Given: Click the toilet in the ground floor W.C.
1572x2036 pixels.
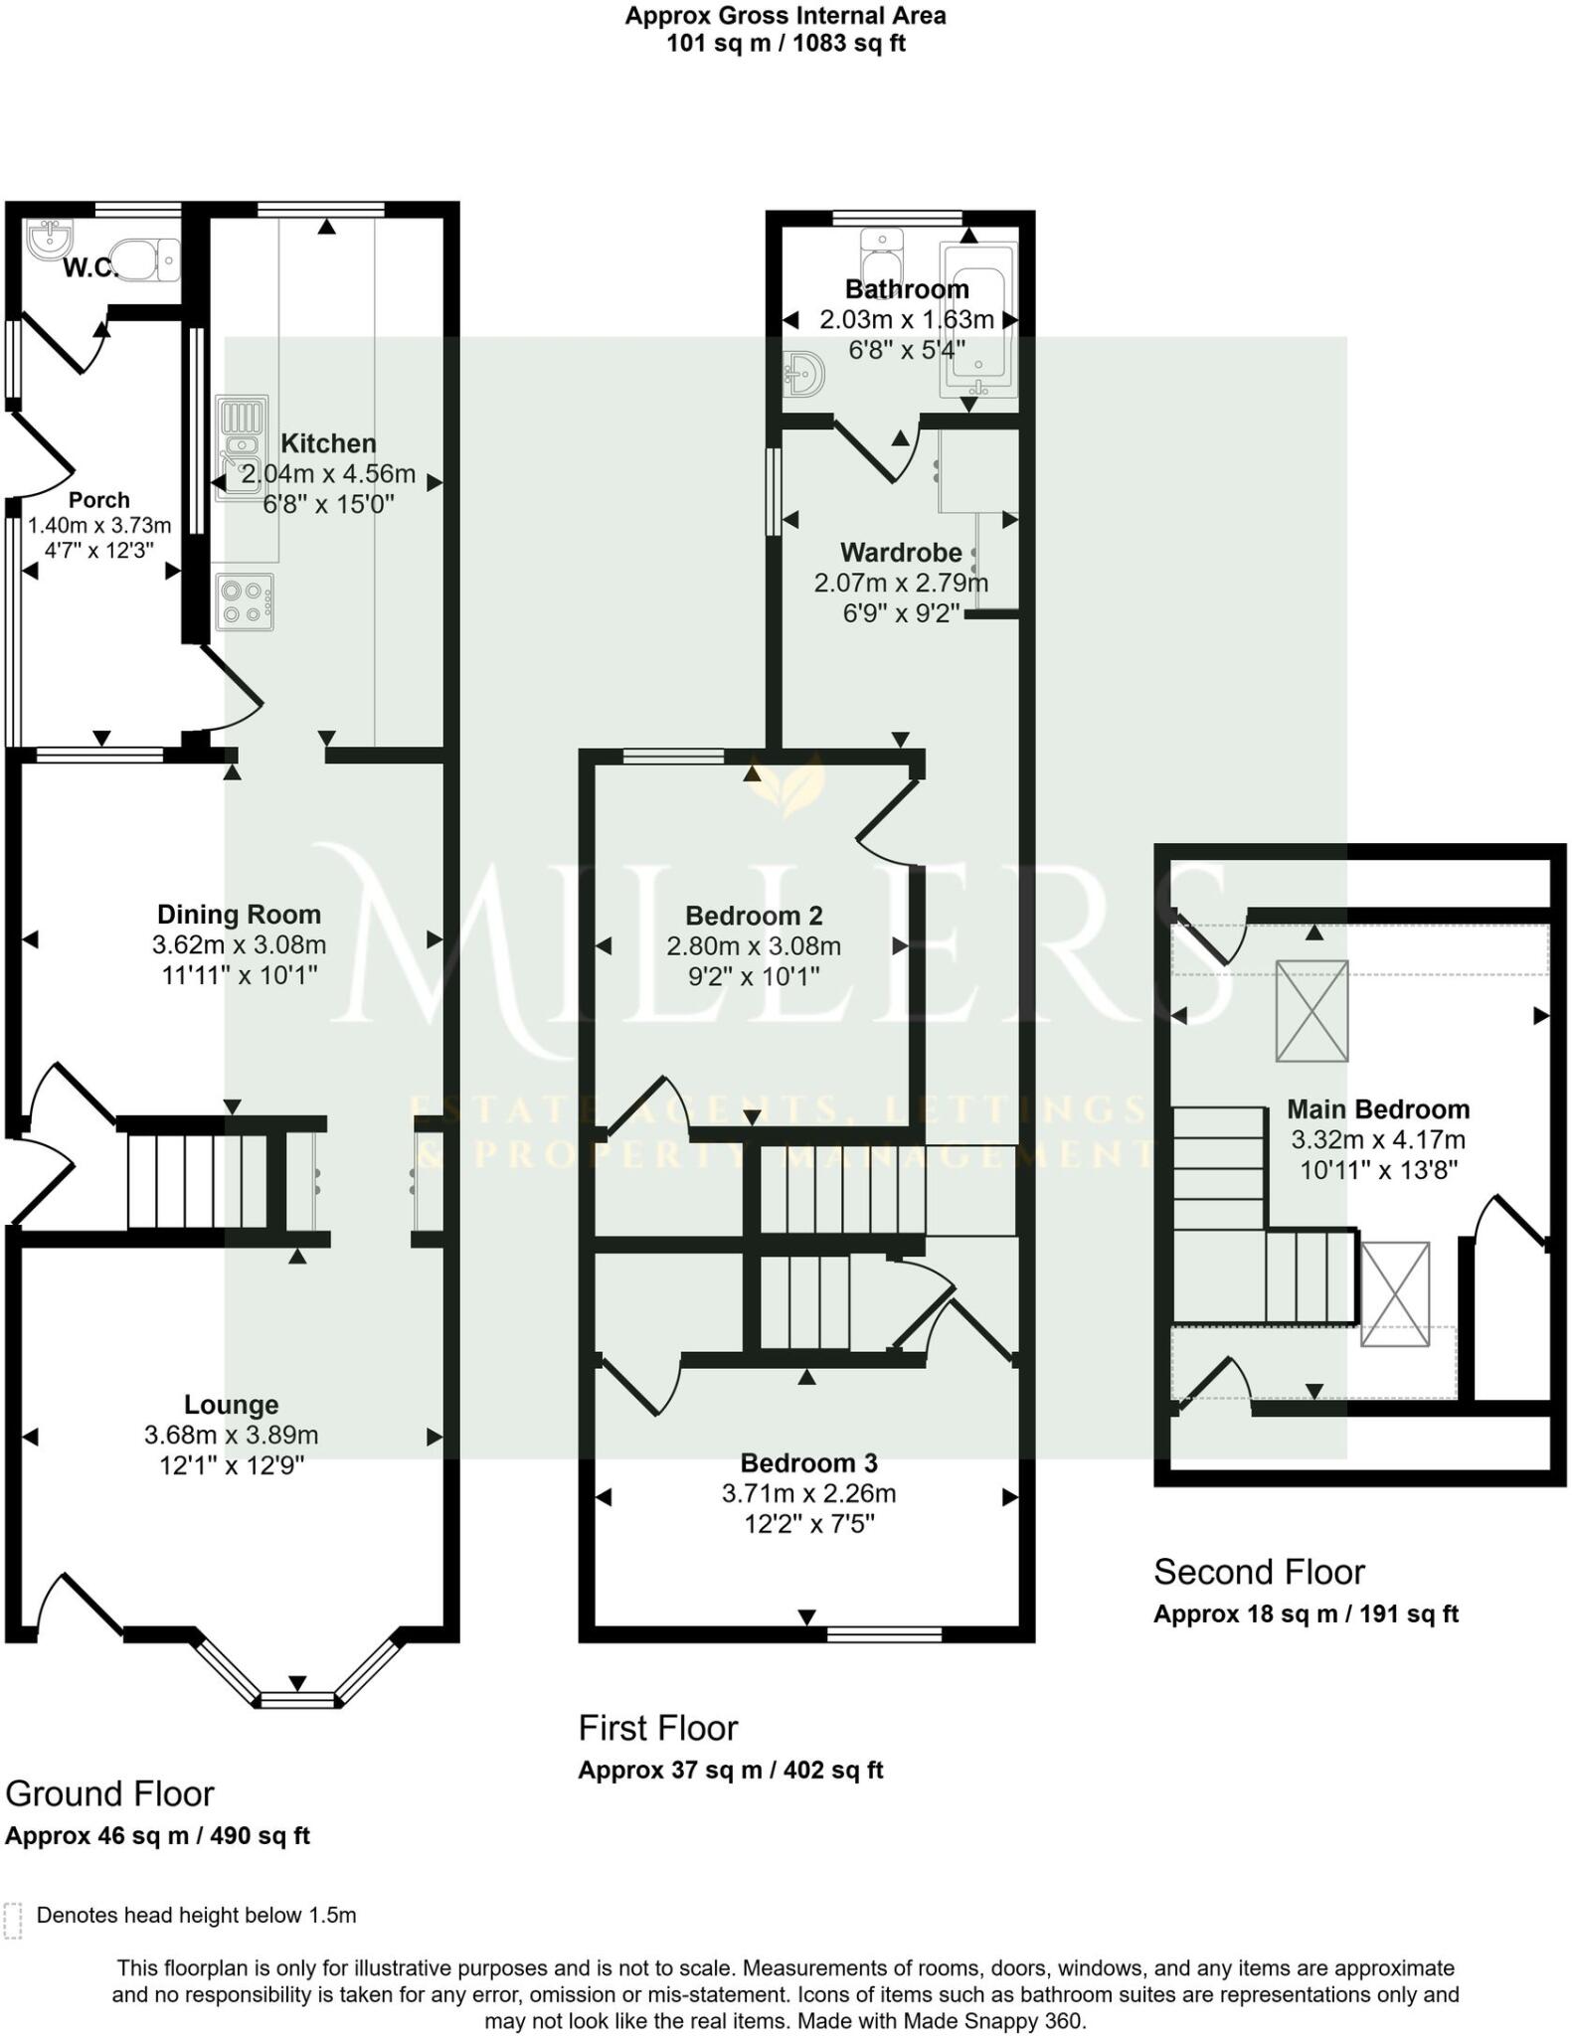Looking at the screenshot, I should click(147, 259).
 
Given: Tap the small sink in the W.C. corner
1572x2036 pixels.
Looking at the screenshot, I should click(49, 239).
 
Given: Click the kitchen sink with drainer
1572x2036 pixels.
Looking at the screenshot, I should click(242, 447).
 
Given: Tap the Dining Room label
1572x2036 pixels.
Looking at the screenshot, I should click(239, 915).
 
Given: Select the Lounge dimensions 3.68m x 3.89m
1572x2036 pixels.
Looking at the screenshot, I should click(231, 1435).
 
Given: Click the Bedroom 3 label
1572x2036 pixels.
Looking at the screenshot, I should click(808, 1462).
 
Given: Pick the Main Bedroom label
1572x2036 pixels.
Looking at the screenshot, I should click(1377, 1108).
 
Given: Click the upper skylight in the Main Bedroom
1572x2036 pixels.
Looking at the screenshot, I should click(1311, 1010).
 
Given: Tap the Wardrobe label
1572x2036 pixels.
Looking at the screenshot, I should click(901, 552).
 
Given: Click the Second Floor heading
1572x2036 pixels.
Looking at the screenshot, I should click(1258, 1572).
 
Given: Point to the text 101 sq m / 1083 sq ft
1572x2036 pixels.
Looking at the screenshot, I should click(785, 44).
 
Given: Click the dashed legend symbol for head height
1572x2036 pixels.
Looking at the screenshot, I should click(13, 1922).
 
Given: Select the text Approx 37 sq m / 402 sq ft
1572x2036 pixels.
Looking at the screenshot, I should click(730, 1770).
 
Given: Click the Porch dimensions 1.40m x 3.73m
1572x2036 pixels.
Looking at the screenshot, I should click(98, 525).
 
